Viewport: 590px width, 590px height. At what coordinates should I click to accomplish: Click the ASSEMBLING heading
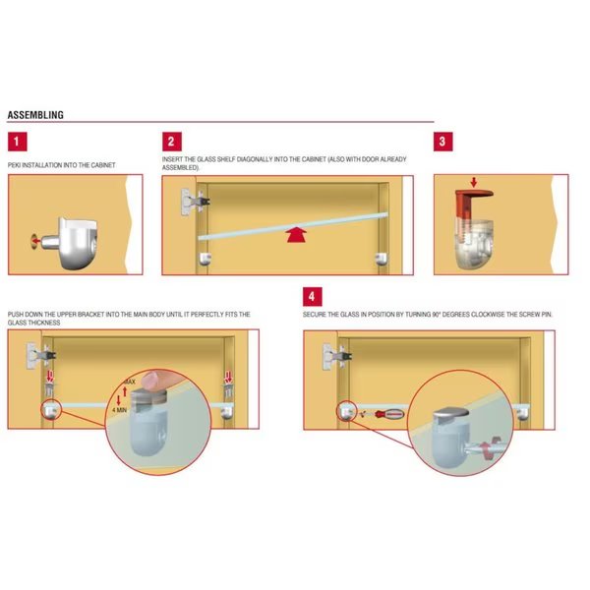[x=35, y=115]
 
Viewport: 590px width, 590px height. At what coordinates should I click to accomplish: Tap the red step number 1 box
[x=18, y=142]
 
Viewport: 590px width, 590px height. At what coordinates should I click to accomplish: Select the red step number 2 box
[x=172, y=142]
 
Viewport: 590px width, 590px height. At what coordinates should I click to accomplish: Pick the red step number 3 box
[x=442, y=142]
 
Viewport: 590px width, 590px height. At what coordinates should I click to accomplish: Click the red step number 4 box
[x=313, y=297]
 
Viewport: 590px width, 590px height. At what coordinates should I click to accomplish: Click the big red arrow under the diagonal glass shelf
[x=297, y=234]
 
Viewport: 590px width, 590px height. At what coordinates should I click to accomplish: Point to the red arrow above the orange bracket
[x=474, y=183]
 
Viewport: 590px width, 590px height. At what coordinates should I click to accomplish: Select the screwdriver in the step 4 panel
[x=388, y=414]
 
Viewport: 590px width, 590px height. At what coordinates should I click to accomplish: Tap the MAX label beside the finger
[x=130, y=382]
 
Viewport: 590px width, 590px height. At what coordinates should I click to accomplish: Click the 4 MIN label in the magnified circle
[x=119, y=410]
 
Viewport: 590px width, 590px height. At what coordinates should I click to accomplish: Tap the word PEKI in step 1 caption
[x=14, y=165]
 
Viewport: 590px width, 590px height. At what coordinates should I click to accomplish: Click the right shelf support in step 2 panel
[x=382, y=259]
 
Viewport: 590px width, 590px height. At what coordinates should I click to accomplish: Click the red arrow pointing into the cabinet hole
[x=35, y=241]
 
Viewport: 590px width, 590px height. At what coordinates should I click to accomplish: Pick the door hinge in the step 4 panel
[x=336, y=356]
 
